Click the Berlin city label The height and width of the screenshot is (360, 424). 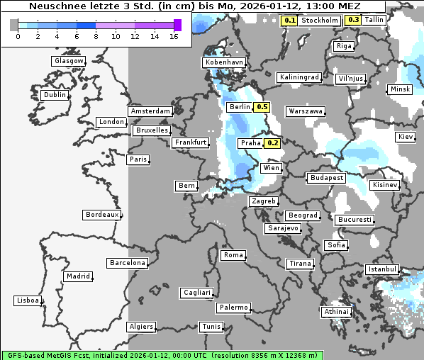[x=240, y=107]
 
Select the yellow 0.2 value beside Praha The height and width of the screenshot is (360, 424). [x=272, y=143]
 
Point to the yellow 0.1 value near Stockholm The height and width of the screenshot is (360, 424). [x=289, y=21]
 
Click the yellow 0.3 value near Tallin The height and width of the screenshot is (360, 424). [x=353, y=20]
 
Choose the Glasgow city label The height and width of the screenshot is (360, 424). [x=69, y=61]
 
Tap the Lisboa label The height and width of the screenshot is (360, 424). [x=28, y=300]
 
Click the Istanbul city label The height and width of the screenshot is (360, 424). [x=382, y=269]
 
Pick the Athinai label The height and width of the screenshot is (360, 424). [x=336, y=312]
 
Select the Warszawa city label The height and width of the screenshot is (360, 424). [x=306, y=111]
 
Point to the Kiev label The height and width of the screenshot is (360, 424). [x=406, y=136]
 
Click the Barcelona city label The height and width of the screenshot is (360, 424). [x=127, y=263]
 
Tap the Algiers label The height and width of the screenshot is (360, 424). [x=140, y=327]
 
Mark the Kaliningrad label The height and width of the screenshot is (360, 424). [x=299, y=77]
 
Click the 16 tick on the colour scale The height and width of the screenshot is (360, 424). [x=174, y=35]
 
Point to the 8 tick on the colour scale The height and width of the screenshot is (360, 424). [x=96, y=35]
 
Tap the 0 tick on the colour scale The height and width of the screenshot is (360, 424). [x=17, y=35]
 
